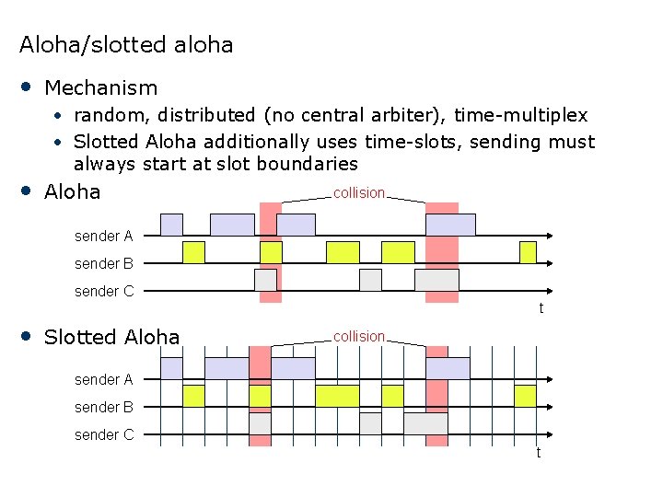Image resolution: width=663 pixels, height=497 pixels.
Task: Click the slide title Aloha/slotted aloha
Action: (126, 44)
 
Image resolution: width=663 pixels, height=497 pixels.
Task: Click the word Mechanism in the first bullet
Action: (100, 88)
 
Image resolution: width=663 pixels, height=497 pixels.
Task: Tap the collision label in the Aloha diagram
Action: (359, 193)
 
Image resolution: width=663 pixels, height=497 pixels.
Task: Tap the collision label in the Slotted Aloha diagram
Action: (359, 337)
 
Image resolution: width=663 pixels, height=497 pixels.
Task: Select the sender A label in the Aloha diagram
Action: (103, 237)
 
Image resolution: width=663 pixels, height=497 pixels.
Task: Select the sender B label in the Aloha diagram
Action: (103, 264)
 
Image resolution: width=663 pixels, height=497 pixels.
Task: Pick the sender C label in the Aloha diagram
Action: (103, 292)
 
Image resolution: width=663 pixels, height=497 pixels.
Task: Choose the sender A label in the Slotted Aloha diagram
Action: (103, 379)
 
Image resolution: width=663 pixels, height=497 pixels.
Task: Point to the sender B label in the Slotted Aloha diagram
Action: (103, 407)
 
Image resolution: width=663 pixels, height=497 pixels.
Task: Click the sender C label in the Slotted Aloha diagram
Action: (103, 434)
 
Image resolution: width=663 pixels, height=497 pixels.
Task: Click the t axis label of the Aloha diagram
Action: (541, 308)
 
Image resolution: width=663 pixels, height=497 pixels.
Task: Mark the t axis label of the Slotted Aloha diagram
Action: (539, 453)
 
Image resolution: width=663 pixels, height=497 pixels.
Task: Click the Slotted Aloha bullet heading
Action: (111, 337)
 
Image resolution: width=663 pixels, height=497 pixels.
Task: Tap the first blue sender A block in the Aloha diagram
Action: (171, 225)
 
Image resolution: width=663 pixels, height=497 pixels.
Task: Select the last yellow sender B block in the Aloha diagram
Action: (528, 252)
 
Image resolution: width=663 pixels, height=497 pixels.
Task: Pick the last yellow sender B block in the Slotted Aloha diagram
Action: (525, 396)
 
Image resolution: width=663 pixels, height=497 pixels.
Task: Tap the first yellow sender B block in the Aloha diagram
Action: (193, 252)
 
